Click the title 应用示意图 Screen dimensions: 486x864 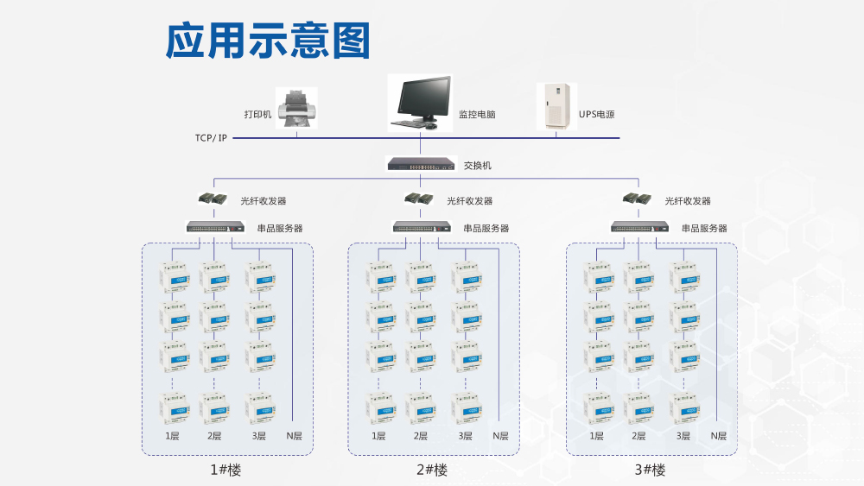(268, 41)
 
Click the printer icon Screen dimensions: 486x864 (296, 108)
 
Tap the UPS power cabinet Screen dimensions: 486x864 (556, 106)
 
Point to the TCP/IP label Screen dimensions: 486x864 (211, 137)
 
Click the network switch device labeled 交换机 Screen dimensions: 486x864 (421, 163)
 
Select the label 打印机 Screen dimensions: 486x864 (257, 114)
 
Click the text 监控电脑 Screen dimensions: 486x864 (476, 114)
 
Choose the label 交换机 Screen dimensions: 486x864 (478, 165)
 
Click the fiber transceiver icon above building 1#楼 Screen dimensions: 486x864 (213, 199)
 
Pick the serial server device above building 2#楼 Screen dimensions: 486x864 (422, 227)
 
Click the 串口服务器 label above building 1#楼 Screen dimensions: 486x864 (280, 229)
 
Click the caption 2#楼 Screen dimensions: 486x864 (432, 470)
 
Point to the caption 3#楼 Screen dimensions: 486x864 (650, 470)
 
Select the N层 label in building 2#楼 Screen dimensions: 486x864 (500, 436)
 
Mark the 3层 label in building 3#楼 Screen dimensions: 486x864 (683, 436)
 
